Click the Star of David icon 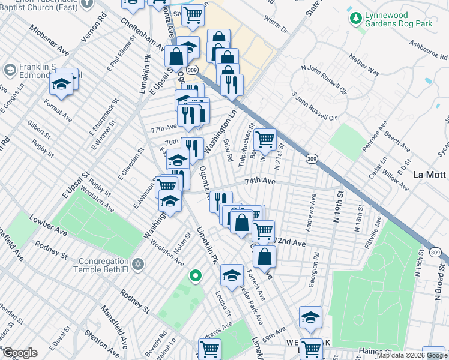click(x=138, y=264)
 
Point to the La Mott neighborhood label click(x=430, y=175)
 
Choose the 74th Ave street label click(x=259, y=181)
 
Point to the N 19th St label click(x=339, y=203)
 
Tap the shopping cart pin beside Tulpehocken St click(x=265, y=140)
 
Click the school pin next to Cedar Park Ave click(x=232, y=275)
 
